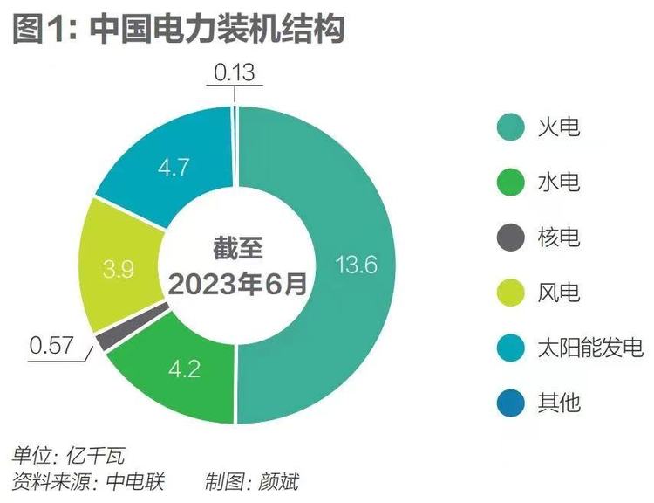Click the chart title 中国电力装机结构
(217, 29)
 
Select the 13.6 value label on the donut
(356, 265)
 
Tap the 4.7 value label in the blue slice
(174, 167)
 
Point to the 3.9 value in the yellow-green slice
(119, 269)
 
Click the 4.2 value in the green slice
(185, 369)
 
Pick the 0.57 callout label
(51, 346)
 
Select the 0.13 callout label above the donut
(234, 72)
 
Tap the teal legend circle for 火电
(510, 127)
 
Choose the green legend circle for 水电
(510, 183)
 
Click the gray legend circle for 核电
(510, 238)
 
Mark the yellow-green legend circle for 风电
(510, 293)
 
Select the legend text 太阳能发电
(590, 348)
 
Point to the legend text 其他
(559, 403)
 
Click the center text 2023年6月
(237, 285)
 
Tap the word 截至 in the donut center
(238, 248)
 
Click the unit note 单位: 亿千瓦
(68, 455)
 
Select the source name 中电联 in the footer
(136, 482)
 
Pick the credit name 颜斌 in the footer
(279, 482)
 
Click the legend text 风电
(559, 293)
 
